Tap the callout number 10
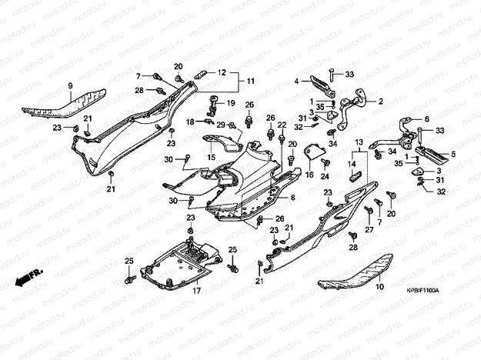click(379, 286)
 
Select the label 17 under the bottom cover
click(195, 292)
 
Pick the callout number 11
click(251, 81)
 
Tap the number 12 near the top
click(222, 73)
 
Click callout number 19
click(229, 103)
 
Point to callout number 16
click(308, 175)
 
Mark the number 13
click(358, 143)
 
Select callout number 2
click(379, 101)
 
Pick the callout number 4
click(296, 80)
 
